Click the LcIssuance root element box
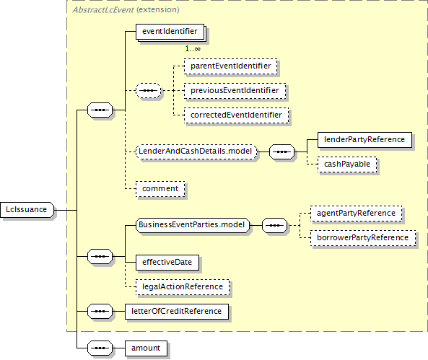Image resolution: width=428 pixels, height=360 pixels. [x=27, y=210]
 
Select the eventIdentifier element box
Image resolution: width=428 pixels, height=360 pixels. [x=170, y=32]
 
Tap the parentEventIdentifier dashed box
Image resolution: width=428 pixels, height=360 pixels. [x=231, y=66]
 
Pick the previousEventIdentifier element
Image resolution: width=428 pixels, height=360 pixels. [x=235, y=91]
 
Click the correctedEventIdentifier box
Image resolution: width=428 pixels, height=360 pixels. [x=236, y=115]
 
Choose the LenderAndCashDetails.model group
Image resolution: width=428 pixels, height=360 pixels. [x=196, y=152]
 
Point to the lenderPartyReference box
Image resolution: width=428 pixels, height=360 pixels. [x=364, y=140]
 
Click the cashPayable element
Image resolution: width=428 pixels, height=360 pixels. [x=347, y=164]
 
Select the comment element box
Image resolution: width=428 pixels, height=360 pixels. [x=160, y=189]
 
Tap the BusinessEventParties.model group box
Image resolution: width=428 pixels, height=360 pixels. [x=193, y=225]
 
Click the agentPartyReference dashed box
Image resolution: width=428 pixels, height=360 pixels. [x=356, y=214]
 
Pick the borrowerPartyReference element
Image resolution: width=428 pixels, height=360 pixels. [x=363, y=238]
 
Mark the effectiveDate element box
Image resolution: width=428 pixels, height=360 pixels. [x=167, y=263]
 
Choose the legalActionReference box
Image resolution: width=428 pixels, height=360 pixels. [x=183, y=287]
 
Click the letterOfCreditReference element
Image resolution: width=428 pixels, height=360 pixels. [x=177, y=312]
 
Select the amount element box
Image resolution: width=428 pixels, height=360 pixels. [x=146, y=348]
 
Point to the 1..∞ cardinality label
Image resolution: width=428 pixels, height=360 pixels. [x=193, y=49]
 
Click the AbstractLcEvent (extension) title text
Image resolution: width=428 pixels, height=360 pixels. [x=126, y=10]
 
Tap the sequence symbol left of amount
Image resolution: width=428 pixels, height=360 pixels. [x=100, y=348]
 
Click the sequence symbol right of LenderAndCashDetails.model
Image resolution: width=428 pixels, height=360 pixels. [x=282, y=152]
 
